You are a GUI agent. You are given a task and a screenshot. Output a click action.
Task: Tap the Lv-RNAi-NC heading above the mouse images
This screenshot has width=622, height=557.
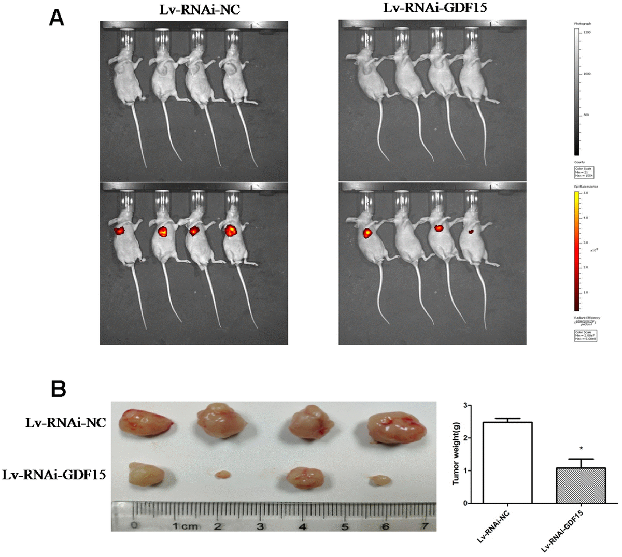click(x=193, y=9)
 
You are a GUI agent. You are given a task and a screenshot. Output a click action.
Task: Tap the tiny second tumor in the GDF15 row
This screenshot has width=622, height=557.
click(x=223, y=474)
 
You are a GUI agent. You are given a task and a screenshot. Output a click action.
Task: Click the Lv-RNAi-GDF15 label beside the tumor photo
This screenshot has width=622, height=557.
click(x=54, y=474)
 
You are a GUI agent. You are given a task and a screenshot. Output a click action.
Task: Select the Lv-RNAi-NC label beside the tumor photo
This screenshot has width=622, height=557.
click(x=65, y=423)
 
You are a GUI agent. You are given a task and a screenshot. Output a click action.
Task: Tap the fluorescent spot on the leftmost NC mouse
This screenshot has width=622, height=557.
click(x=120, y=230)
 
